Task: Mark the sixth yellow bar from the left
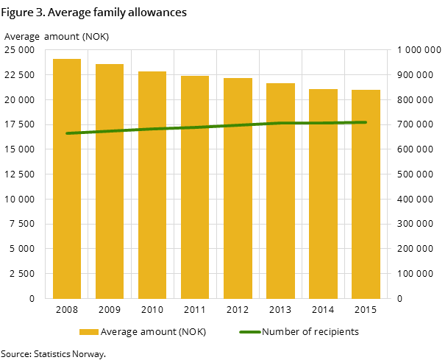280,191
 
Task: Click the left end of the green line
67,133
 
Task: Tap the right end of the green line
366,122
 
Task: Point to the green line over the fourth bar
195,127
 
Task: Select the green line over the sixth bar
280,123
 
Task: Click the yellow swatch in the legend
89,332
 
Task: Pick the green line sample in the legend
250,332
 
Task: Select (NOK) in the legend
191,332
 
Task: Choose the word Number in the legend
280,332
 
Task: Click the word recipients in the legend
335,332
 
